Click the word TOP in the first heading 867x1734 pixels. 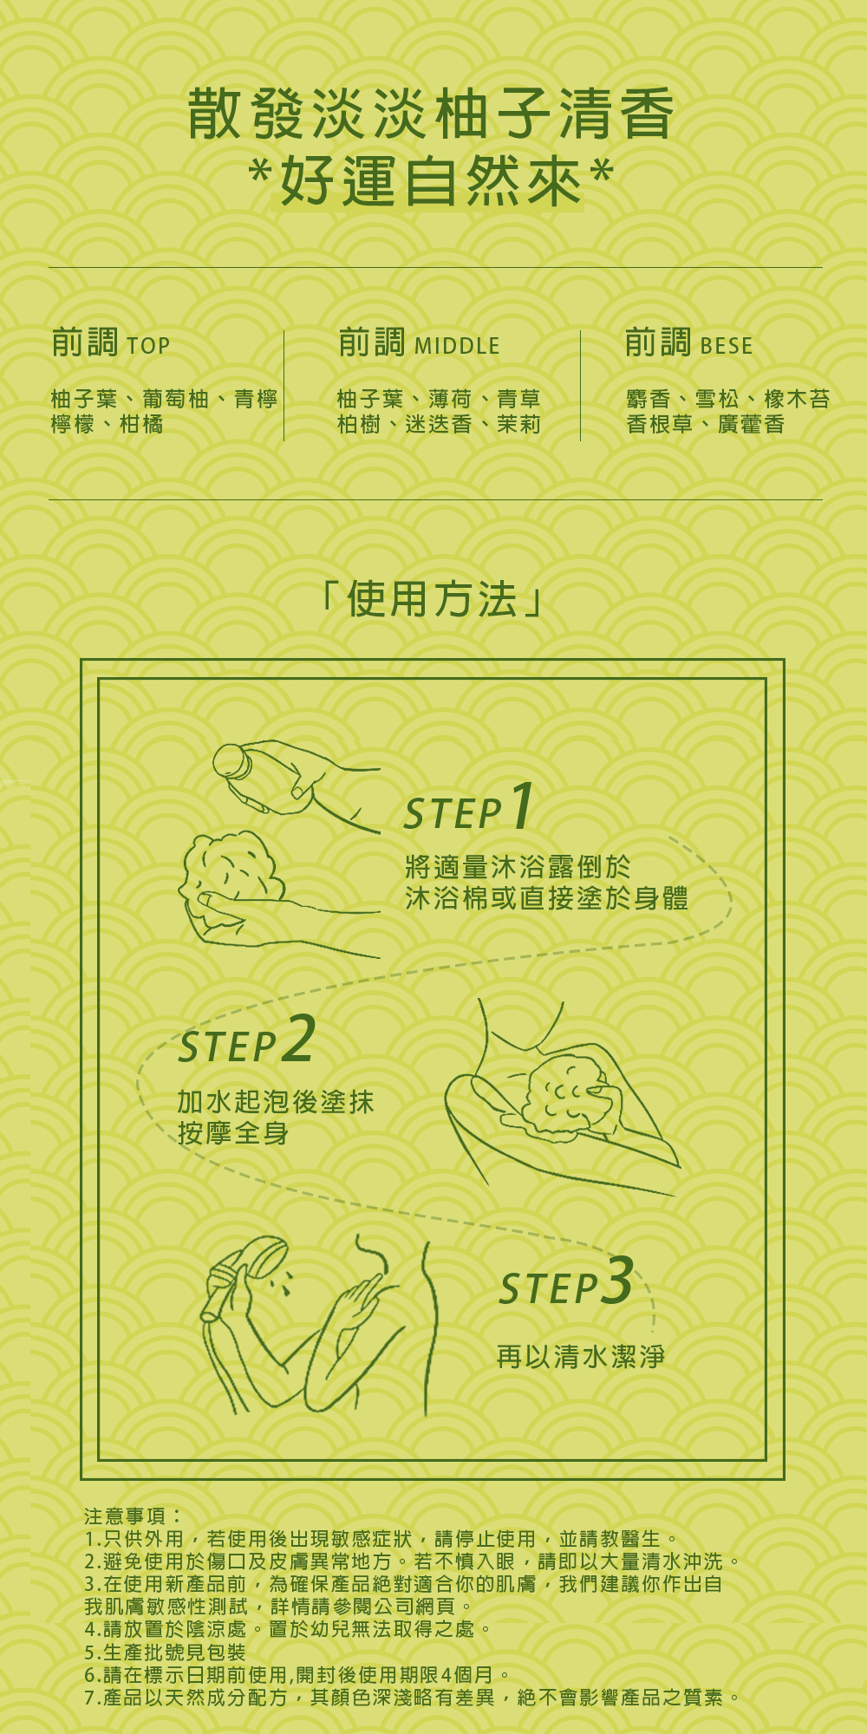(x=148, y=346)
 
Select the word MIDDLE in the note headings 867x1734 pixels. (x=457, y=346)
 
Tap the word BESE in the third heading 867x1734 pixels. (x=726, y=346)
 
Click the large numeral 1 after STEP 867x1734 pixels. (x=521, y=806)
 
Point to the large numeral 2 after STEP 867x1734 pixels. (x=299, y=1039)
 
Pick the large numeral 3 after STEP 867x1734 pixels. (x=617, y=1280)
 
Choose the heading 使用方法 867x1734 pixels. (x=432, y=599)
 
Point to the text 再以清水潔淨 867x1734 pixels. (x=581, y=1356)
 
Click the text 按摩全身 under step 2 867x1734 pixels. (x=233, y=1132)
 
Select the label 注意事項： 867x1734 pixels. (x=134, y=1516)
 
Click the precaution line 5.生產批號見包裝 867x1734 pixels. (x=165, y=1652)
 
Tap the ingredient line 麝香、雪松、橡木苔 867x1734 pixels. (x=727, y=399)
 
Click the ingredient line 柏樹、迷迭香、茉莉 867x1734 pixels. (x=439, y=424)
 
